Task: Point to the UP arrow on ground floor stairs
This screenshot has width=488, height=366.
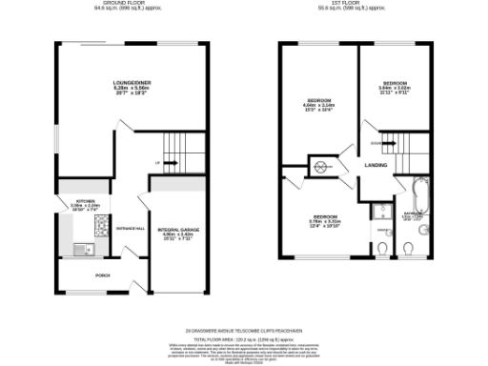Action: pyautogui.click(x=155, y=163)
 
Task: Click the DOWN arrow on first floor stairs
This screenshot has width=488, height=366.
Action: pyautogui.click(x=377, y=143)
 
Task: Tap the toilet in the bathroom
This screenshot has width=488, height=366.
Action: pyautogui.click(x=409, y=250)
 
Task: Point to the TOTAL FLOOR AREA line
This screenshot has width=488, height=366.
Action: pyautogui.click(x=243, y=338)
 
